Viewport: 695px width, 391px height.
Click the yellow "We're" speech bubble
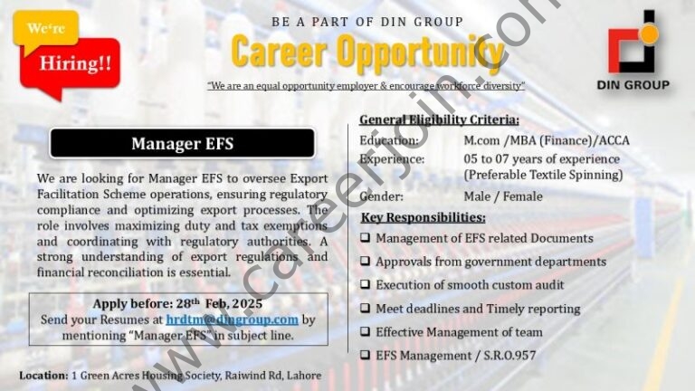coord(45,29)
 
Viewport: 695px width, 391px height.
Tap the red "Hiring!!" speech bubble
coord(74,65)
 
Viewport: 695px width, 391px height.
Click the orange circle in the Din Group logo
coord(649,34)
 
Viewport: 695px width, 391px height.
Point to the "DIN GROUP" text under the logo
coord(633,85)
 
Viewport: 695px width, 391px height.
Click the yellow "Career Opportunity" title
coord(367,52)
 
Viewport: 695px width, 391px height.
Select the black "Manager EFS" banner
coord(182,143)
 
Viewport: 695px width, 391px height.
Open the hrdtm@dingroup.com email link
coord(232,319)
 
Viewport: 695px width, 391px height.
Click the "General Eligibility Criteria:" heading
coord(439,119)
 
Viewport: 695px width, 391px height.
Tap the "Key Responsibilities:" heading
coord(423,217)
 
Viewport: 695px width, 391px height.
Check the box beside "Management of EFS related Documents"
coord(365,238)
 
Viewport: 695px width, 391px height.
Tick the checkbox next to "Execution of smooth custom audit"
coord(365,284)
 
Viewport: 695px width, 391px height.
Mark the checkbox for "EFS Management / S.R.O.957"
coord(365,355)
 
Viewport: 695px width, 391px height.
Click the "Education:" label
coord(389,140)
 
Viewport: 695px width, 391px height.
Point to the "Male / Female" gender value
coord(503,196)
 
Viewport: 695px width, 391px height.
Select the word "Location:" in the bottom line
coord(43,376)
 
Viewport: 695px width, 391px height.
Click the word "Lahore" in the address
coord(304,376)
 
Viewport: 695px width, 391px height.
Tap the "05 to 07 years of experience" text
coord(542,158)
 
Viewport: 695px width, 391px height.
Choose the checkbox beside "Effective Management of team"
coord(365,331)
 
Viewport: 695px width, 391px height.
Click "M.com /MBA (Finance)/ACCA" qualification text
coord(547,140)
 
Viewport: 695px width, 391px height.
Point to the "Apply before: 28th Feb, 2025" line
coord(177,304)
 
